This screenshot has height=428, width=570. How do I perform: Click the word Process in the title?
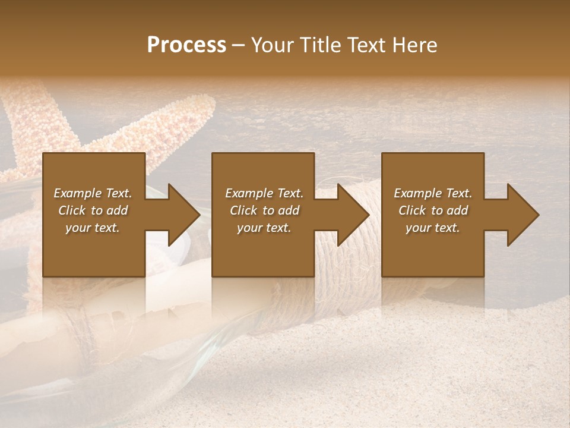point(186,45)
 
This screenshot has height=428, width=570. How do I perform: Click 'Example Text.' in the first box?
point(93,193)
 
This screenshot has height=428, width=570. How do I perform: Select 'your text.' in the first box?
point(93,228)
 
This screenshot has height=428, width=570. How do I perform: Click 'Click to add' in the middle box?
point(264,210)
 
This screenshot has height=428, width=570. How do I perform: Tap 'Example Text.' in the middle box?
point(264,193)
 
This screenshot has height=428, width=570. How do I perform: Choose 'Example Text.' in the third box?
point(433,193)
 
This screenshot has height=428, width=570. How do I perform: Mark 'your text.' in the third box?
point(433,228)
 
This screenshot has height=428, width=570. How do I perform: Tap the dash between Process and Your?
point(239,46)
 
